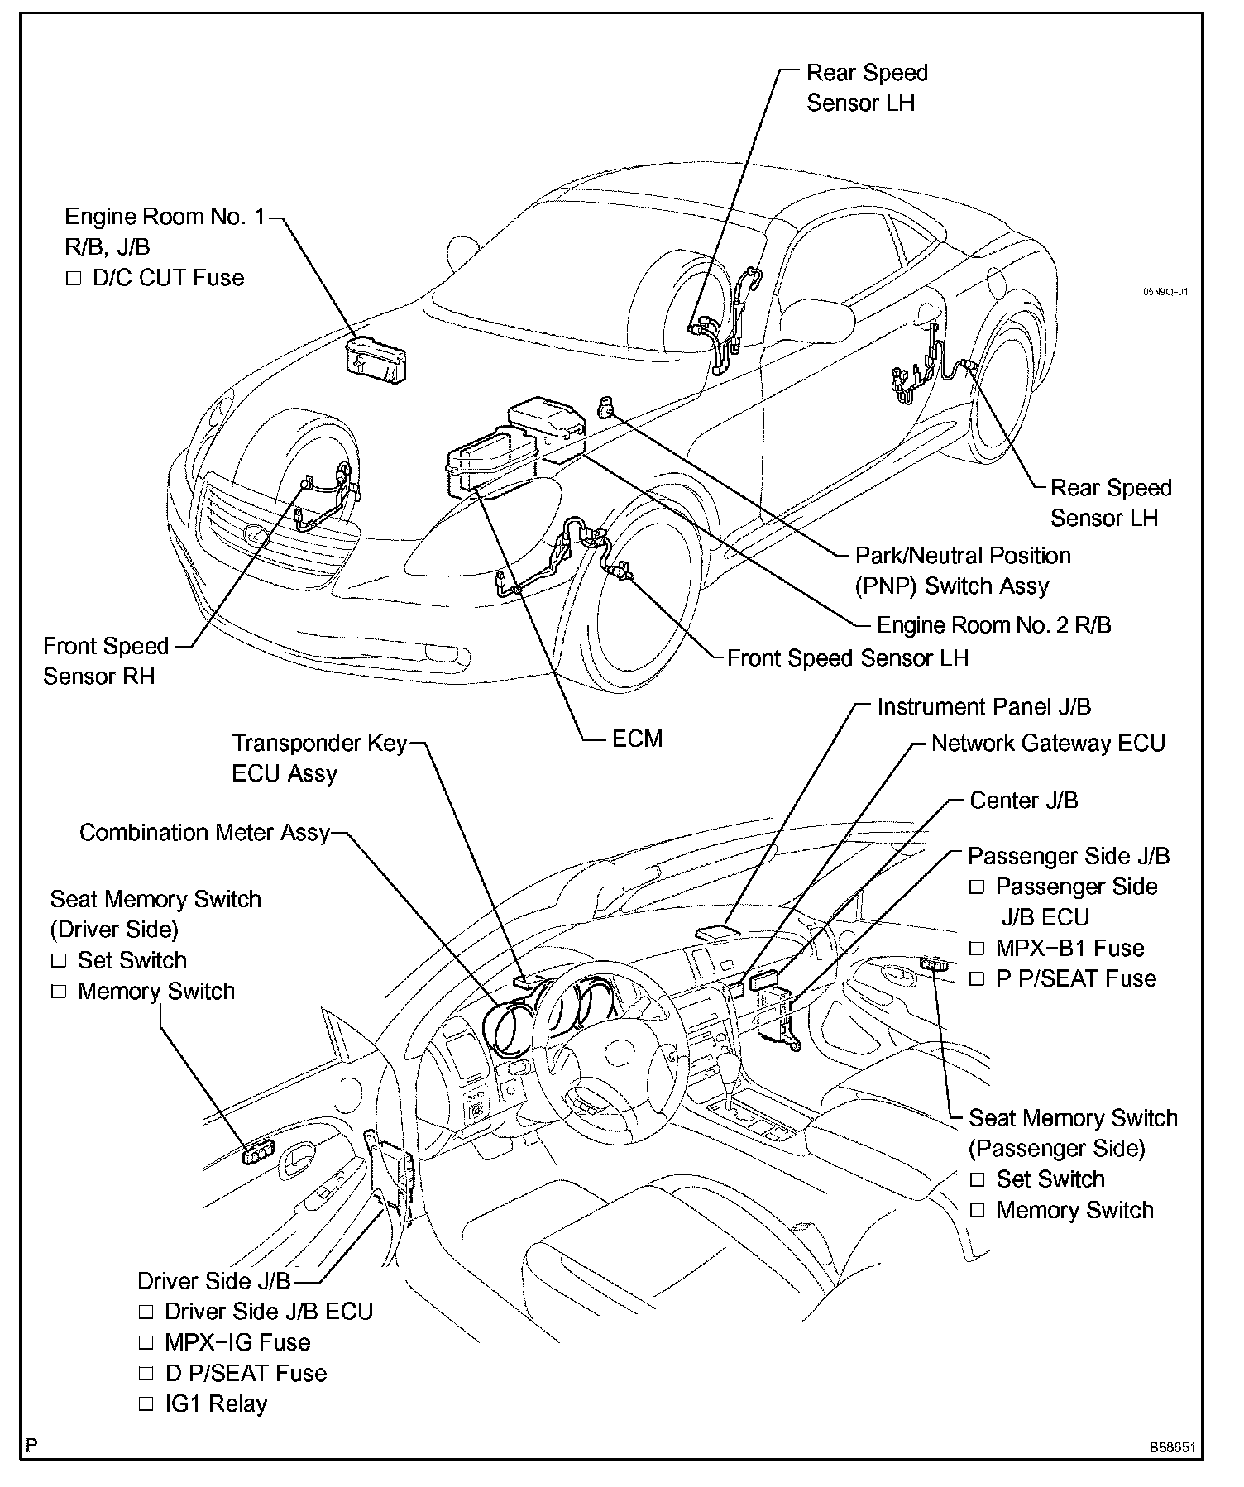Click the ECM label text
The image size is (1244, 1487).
click(x=637, y=739)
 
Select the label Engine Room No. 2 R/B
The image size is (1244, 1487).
click(x=993, y=624)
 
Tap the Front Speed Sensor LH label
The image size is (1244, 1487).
click(x=847, y=658)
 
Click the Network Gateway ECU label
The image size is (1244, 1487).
click(x=1048, y=743)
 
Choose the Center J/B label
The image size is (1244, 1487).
click(x=1024, y=801)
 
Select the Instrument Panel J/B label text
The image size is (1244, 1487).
click(x=984, y=707)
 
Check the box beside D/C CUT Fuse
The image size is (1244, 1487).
click(x=74, y=279)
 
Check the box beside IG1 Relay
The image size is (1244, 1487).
click(x=146, y=1404)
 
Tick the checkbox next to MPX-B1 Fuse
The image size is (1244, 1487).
click(x=977, y=949)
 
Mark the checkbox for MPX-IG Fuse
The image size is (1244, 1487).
click(x=146, y=1343)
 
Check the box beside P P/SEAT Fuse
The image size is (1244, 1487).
click(x=977, y=979)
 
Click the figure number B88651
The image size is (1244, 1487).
click(x=1171, y=1448)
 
